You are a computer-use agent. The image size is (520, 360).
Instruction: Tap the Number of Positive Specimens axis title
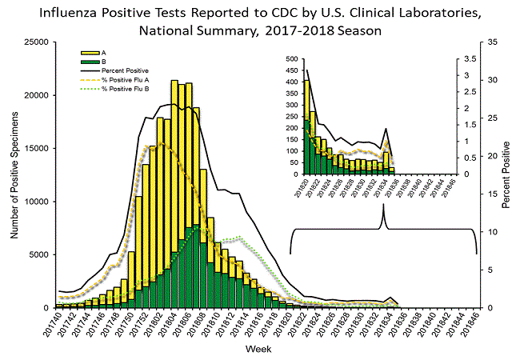click(14, 174)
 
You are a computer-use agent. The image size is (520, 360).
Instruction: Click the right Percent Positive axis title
click(506, 174)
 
